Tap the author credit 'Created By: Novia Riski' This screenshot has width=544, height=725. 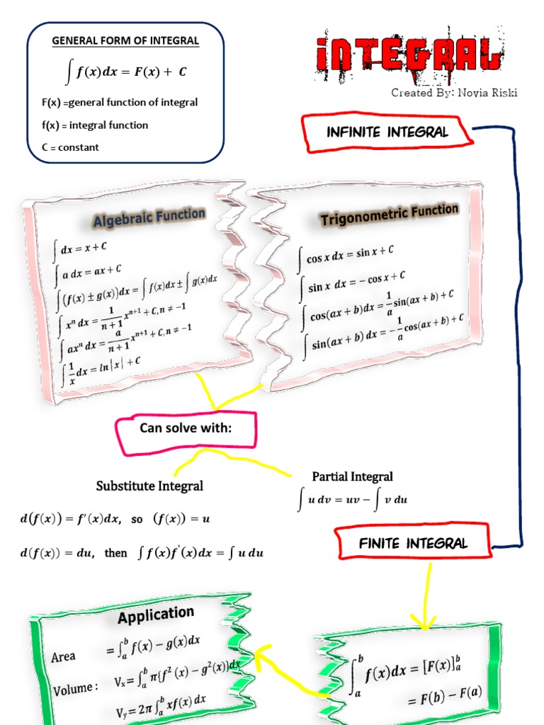453,93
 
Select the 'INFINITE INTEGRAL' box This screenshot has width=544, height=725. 387,132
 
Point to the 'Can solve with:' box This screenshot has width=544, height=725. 186,429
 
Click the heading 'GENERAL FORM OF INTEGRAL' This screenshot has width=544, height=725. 125,41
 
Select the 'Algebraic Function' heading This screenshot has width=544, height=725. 149,217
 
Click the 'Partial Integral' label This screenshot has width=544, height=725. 352,476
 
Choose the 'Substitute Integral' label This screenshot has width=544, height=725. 149,486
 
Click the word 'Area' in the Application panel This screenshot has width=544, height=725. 63,656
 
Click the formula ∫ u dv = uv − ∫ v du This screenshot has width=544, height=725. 353,500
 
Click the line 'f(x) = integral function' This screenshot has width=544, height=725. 95,125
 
